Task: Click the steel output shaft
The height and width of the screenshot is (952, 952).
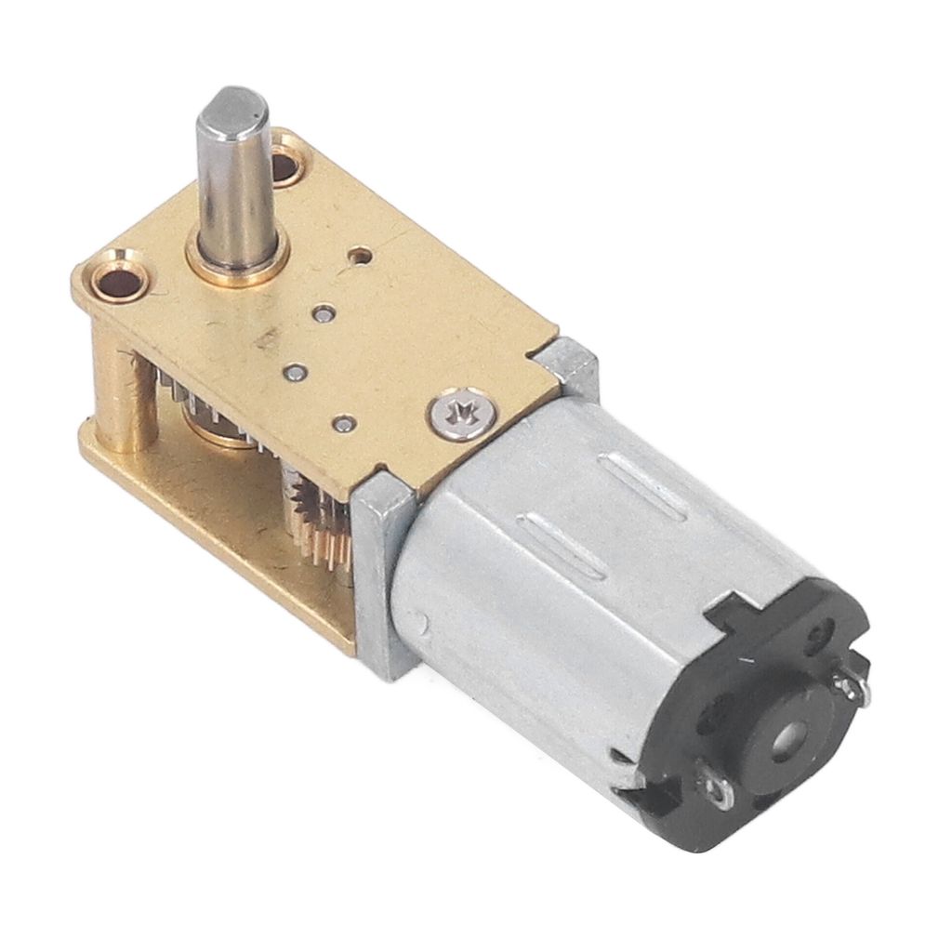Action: (235, 177)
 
